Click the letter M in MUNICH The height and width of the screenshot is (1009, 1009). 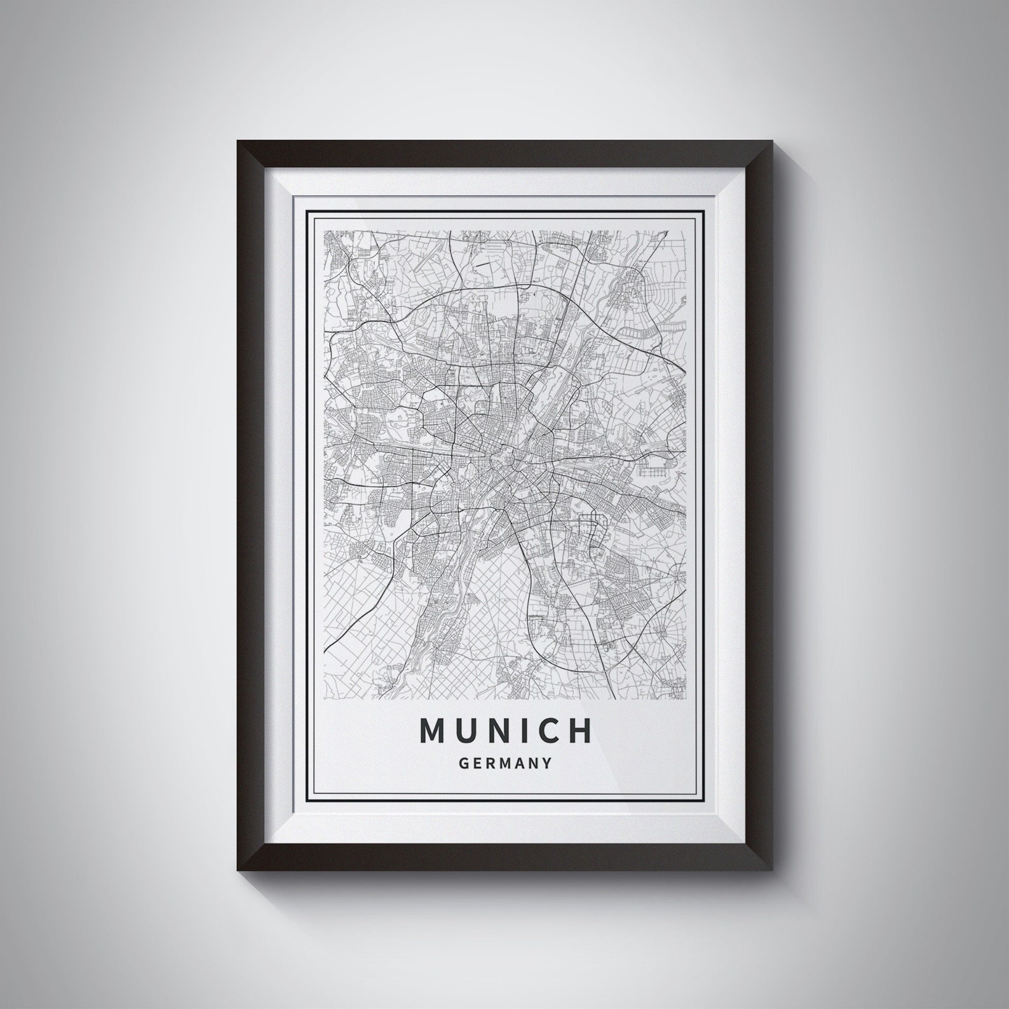click(x=434, y=731)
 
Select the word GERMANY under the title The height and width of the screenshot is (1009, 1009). click(x=504, y=763)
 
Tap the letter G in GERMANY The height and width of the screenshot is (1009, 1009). click(x=463, y=763)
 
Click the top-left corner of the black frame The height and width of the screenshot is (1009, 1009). click(x=238, y=141)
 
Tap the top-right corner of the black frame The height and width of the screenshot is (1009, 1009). click(x=771, y=141)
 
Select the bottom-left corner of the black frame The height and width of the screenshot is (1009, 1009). click(x=238, y=868)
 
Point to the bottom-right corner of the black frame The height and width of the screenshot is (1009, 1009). click(x=771, y=868)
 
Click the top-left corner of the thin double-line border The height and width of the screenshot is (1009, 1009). click(x=307, y=210)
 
